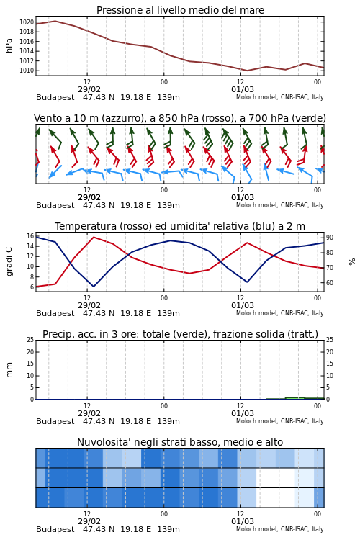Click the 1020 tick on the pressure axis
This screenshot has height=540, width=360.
(27, 22)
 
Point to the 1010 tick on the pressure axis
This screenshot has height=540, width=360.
(27, 71)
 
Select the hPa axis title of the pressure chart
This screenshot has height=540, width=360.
(9, 46)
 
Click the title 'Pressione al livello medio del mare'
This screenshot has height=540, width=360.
(180, 10)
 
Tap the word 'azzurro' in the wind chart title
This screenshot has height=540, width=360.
(123, 119)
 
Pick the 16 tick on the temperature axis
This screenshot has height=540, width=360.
(30, 236)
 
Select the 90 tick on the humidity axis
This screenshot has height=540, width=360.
(330, 238)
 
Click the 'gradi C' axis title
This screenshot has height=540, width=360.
(9, 261)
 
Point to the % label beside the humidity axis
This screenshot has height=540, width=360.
(352, 262)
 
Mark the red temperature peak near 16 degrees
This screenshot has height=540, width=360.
(94, 237)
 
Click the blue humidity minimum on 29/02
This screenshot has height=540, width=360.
(94, 286)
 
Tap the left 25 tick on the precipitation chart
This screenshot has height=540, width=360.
(30, 340)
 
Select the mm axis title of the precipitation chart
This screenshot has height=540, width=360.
(9, 370)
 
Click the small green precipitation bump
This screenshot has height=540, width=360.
(295, 397)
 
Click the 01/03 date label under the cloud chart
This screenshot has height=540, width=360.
(243, 521)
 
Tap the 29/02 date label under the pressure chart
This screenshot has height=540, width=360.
(89, 89)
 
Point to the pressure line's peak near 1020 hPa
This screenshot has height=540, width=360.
(55, 22)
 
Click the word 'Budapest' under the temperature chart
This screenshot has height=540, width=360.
(55, 314)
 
